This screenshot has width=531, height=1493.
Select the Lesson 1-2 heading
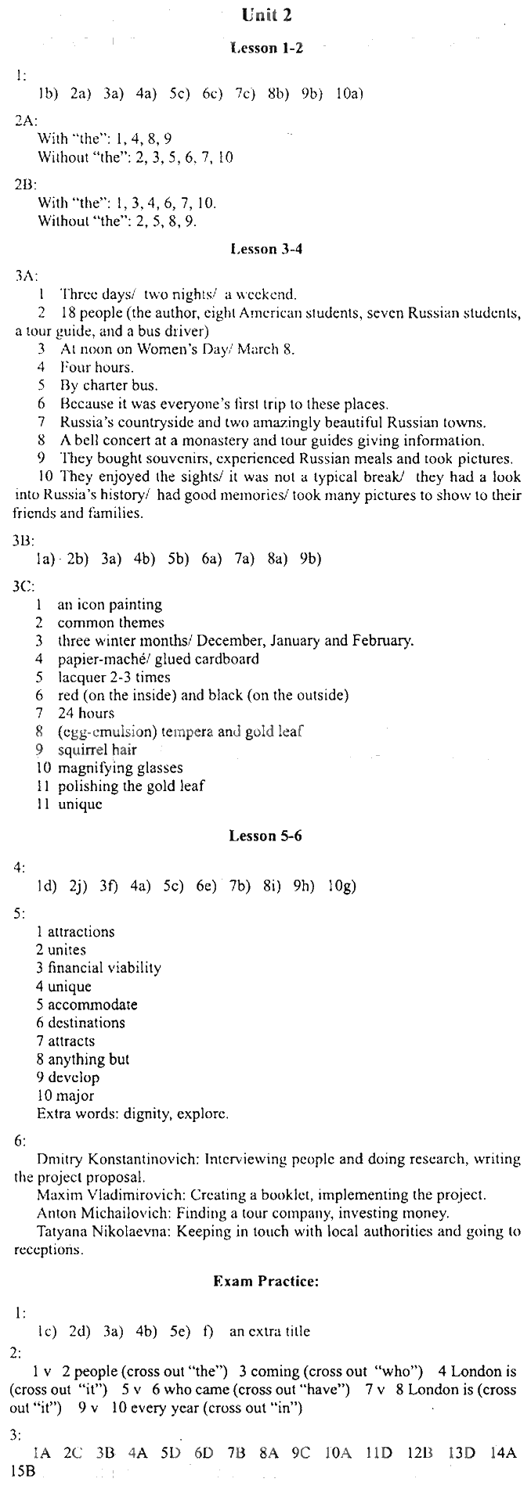tap(266, 49)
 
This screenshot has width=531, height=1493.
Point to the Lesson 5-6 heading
tap(265, 836)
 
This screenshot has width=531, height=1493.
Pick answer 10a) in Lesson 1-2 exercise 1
tap(349, 95)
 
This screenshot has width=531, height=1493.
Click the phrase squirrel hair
tap(97, 750)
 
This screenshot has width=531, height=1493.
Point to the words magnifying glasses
tap(120, 768)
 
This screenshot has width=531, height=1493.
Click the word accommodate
tap(92, 1005)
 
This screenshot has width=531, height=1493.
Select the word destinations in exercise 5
tap(86, 1023)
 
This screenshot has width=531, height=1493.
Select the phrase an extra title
tap(269, 1331)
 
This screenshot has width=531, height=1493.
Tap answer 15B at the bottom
tap(23, 1470)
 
